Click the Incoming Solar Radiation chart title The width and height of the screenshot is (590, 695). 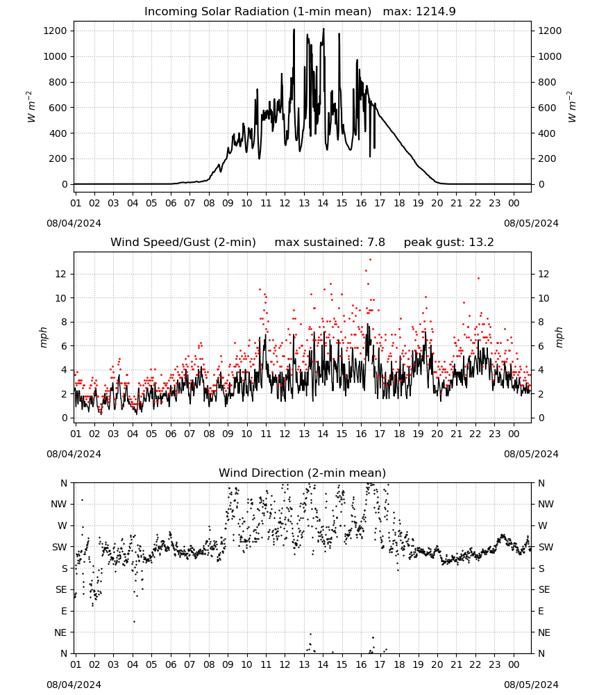click(258, 12)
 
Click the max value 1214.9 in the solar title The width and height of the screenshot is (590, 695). click(435, 12)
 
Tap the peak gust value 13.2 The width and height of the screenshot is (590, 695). click(480, 243)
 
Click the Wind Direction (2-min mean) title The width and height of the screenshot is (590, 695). click(303, 473)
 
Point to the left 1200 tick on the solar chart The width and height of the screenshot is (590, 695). click(55, 31)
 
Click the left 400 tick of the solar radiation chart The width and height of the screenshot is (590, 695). click(58, 133)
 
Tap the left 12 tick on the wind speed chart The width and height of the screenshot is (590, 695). click(60, 275)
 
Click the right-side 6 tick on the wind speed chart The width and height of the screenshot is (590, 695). click(541, 346)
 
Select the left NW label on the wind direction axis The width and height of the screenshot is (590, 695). click(59, 505)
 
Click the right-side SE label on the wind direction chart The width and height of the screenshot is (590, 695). click(544, 590)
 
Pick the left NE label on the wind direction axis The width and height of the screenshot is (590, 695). click(60, 633)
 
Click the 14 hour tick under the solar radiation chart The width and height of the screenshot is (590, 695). click(323, 204)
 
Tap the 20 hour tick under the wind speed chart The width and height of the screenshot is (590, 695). click(437, 434)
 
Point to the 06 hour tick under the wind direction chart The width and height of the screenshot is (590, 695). click(171, 665)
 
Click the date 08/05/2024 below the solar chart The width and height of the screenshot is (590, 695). click(531, 223)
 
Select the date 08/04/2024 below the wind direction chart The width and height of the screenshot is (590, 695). click(74, 685)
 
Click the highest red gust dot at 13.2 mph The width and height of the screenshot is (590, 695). click(371, 260)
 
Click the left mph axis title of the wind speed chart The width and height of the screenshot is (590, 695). click(43, 337)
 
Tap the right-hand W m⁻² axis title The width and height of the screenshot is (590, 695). click(571, 107)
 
